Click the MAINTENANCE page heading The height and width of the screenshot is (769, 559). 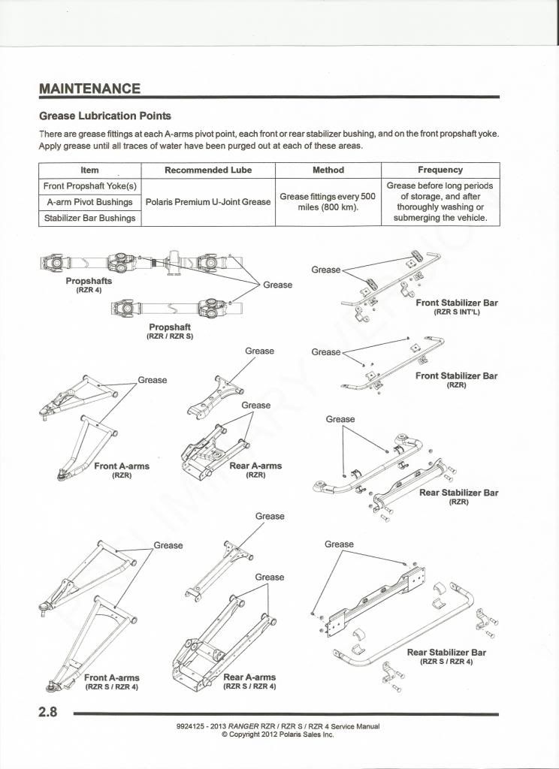[x=89, y=88]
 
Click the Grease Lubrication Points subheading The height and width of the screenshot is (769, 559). [x=105, y=116]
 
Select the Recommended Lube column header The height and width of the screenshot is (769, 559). [x=208, y=170]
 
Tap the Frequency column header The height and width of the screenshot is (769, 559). [x=440, y=170]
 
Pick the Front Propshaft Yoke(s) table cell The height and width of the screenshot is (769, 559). [x=90, y=185]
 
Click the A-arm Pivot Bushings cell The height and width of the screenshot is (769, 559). [x=90, y=202]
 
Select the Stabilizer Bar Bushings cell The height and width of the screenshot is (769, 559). [x=90, y=218]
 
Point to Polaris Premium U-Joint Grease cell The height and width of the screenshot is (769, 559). [x=208, y=202]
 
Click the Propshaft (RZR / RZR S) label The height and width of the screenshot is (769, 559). [x=170, y=331]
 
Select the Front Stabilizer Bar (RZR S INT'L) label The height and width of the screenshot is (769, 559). [x=456, y=306]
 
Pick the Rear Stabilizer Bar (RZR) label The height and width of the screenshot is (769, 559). [x=458, y=496]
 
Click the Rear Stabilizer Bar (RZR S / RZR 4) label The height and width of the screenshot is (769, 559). [x=446, y=656]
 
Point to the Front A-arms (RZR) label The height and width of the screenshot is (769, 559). [x=122, y=470]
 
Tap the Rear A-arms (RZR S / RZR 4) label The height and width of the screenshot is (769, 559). [x=250, y=681]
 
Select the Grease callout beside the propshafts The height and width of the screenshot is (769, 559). [x=278, y=285]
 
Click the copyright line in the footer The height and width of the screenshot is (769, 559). [x=277, y=734]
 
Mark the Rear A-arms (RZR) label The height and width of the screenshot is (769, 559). [x=255, y=469]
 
